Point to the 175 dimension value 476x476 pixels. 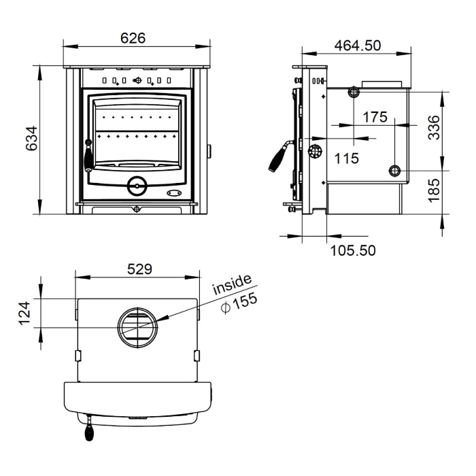pos(375,117)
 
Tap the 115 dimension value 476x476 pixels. pos(347,158)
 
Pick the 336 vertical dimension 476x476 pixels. pos(433,127)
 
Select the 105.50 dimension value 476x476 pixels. pos(353,250)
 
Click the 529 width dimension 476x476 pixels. pos(139,269)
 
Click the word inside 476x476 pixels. pos(232,285)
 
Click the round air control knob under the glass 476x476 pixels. pos(137,184)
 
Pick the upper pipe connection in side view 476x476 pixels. pos(354,92)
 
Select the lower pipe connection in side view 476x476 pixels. pos(395,171)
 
